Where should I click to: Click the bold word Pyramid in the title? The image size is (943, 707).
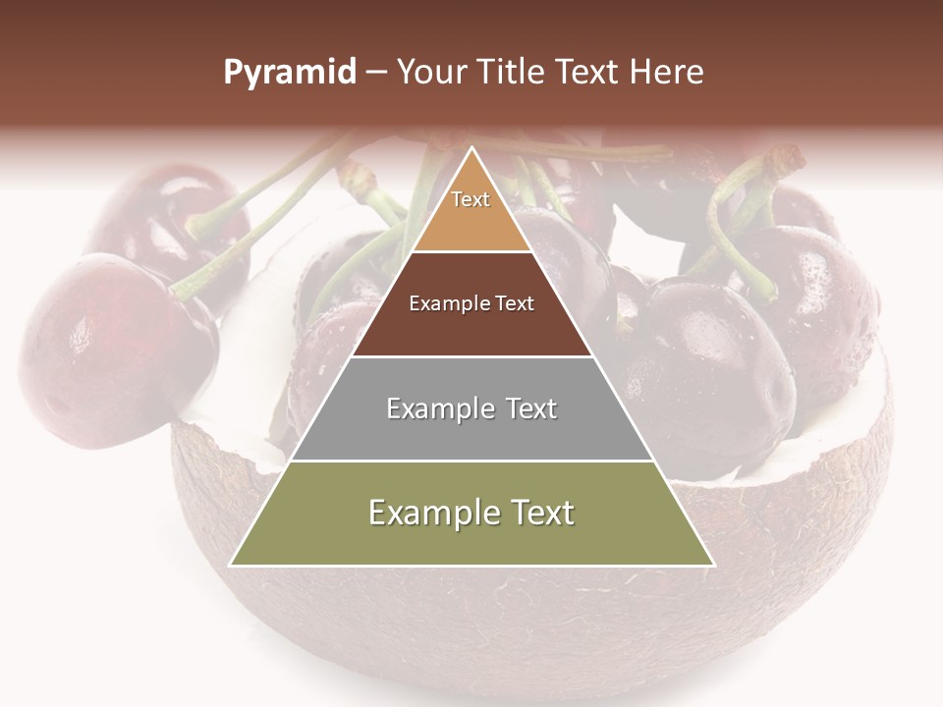coord(289,73)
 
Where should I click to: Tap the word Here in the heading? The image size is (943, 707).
coord(668,73)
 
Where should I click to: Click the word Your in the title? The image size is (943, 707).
coord(431,73)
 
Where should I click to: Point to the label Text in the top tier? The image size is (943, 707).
coord(471,199)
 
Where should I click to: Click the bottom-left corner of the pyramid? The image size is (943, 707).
coord(231,565)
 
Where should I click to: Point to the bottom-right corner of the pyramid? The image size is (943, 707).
coord(714,565)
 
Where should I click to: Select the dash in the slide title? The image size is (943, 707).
coord(376,73)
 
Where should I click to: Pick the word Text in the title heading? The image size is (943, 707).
coord(591,73)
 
